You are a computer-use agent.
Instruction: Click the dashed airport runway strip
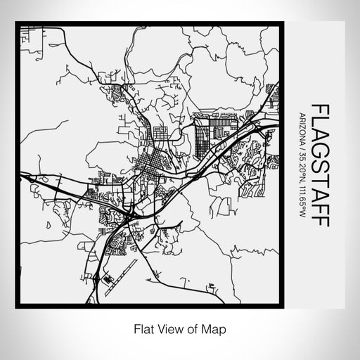click(x=124, y=271)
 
